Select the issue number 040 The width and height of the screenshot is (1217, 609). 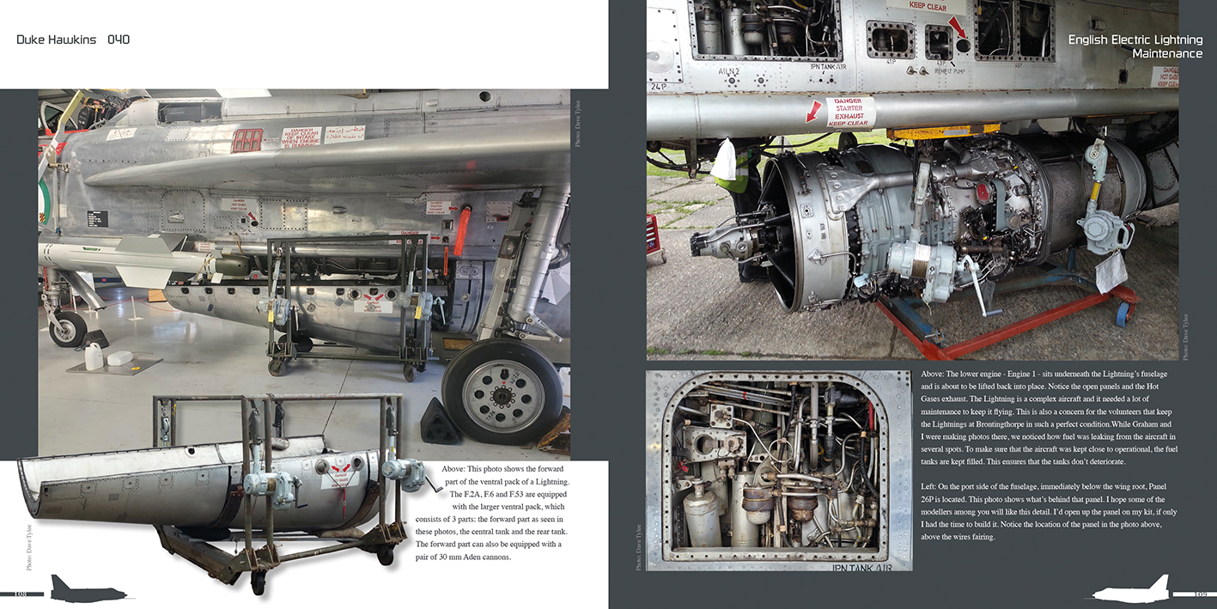(119, 40)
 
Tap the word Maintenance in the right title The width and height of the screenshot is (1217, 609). (1166, 54)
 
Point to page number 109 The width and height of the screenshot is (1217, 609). (1201, 594)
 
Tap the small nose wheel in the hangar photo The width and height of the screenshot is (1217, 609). (68, 328)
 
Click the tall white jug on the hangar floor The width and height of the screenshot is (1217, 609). (94, 355)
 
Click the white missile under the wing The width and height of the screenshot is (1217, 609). (120, 257)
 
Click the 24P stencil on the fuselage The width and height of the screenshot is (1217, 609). (659, 87)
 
